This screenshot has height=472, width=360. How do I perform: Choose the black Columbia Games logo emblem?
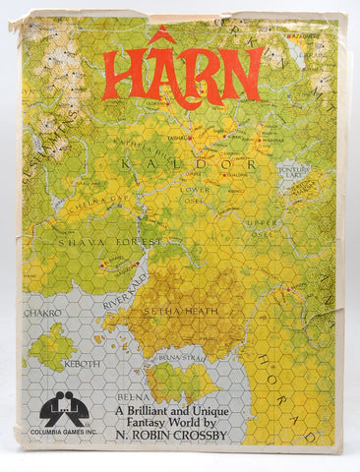pos(64,409)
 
